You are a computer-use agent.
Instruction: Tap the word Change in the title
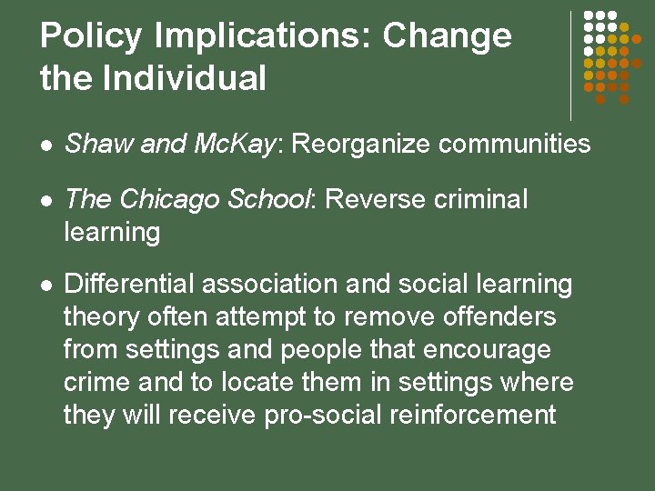tap(447, 37)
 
